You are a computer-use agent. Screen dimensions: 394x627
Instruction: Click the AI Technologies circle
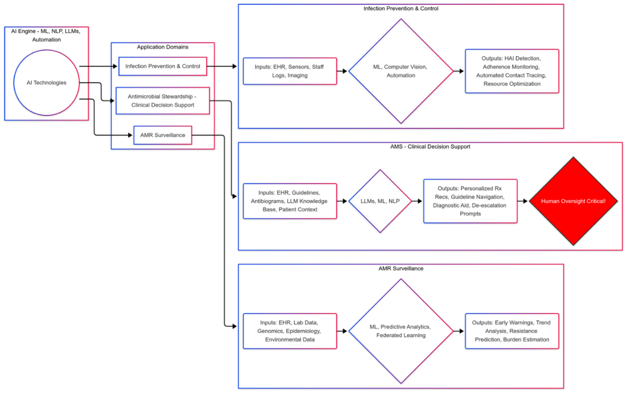(46, 83)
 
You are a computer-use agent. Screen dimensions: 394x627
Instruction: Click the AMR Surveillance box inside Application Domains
(163, 135)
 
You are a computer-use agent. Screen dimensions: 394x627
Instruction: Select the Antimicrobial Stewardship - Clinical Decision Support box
(163, 101)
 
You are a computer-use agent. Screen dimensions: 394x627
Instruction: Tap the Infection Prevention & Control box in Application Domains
(163, 66)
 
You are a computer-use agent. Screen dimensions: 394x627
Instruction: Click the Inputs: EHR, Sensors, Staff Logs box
(290, 71)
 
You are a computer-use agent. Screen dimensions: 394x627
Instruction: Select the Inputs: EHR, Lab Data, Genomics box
(290, 331)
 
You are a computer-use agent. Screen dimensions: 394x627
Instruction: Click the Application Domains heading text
(163, 47)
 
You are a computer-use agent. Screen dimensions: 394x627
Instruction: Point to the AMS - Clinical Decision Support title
(430, 147)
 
